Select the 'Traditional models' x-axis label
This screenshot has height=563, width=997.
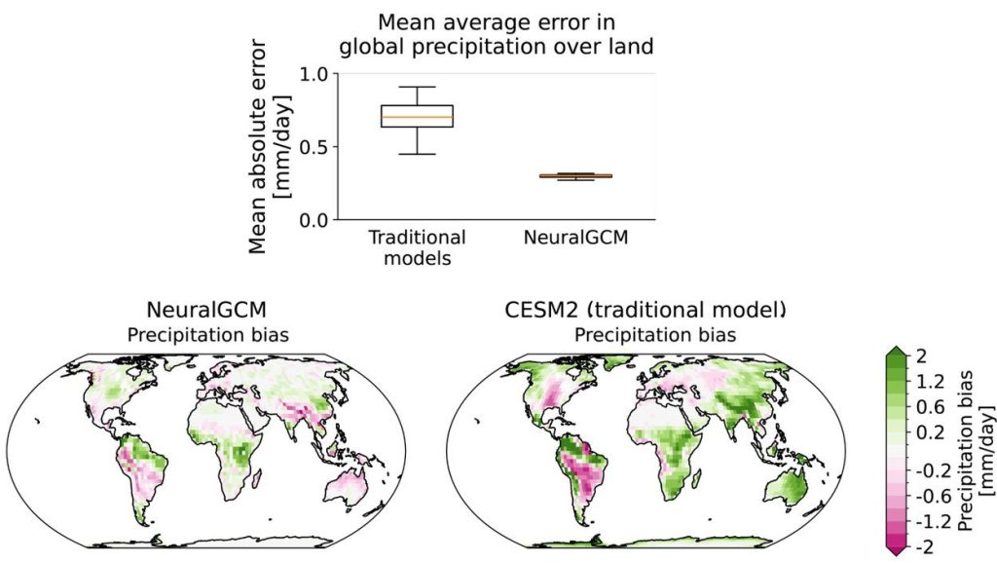point(418,246)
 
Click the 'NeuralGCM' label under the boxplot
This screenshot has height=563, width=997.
point(574,238)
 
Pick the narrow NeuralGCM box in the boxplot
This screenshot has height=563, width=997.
point(574,176)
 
